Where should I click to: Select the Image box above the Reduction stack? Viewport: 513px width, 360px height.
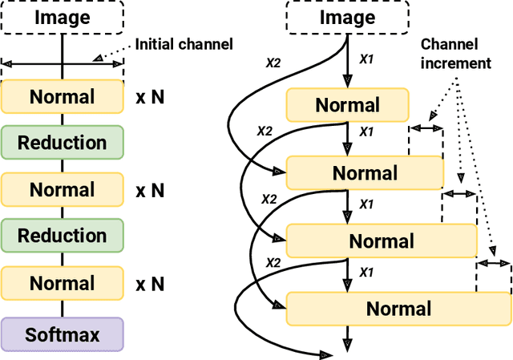coord(63,17)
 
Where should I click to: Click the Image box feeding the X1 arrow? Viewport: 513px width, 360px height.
coord(347,17)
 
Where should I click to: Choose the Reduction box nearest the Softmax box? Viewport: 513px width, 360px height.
coord(63,236)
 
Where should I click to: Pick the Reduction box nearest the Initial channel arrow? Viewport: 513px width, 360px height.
coord(63,143)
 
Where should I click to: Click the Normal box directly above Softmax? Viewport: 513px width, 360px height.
coord(63,283)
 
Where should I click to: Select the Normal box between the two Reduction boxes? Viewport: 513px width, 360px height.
coord(63,190)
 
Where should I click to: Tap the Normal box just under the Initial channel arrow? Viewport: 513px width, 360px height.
coord(63,97)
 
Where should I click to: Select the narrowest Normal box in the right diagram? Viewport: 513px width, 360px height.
coord(347,105)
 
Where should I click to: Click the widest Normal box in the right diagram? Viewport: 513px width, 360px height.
coord(398,309)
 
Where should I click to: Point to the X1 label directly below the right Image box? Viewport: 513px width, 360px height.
coord(366,59)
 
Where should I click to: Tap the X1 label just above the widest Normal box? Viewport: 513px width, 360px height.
coord(366,272)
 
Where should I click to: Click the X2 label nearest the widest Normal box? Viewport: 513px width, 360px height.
coord(273,262)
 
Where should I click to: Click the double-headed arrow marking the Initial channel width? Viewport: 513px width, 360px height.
coord(63,61)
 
